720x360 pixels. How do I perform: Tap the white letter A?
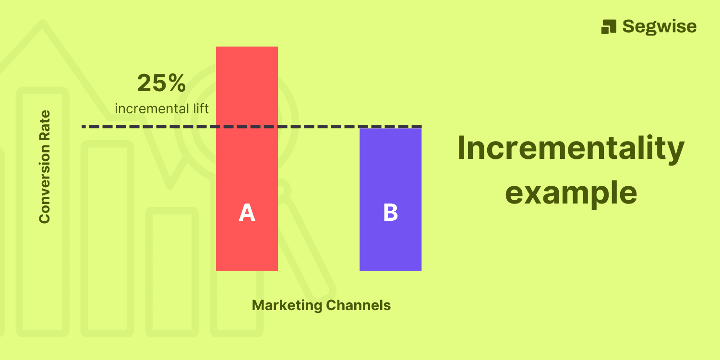pos(247,213)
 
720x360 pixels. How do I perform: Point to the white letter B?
pos(390,213)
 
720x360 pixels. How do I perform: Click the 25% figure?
pos(161,84)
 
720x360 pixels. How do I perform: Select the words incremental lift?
pos(162,108)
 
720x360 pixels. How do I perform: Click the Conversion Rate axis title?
pos(45,167)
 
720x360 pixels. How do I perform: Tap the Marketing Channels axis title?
pos(321,305)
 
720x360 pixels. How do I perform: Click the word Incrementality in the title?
pos(571,148)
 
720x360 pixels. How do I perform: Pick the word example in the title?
pos(571,193)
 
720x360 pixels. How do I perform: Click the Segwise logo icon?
pos(609,26)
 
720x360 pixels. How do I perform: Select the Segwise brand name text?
pos(659,26)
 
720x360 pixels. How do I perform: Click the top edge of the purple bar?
pos(390,129)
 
